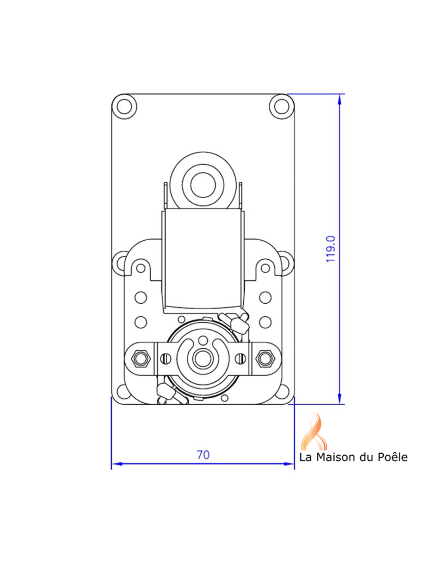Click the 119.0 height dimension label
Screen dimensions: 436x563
pos(331,249)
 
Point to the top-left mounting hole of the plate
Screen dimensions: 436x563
pos(124,106)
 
